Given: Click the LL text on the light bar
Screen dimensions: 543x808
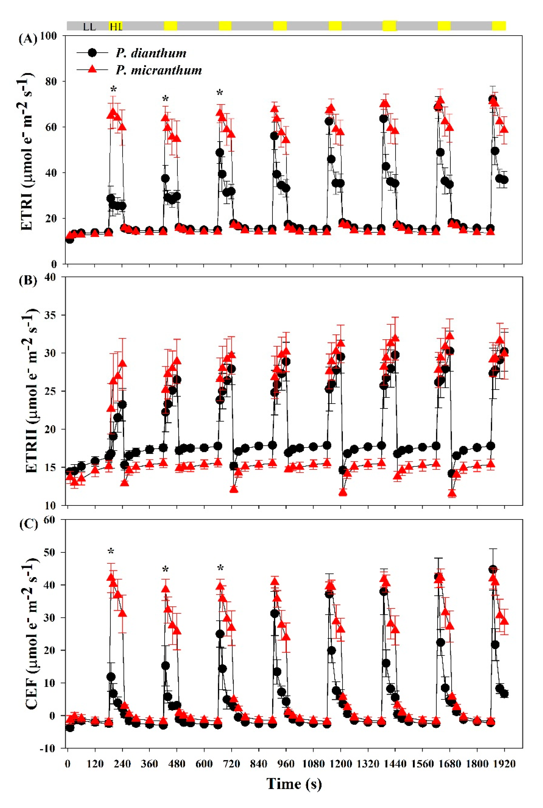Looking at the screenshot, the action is [x=89, y=27].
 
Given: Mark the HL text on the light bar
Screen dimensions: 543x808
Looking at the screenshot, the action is [x=116, y=27].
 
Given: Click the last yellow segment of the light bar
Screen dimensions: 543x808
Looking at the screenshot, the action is [x=499, y=26].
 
